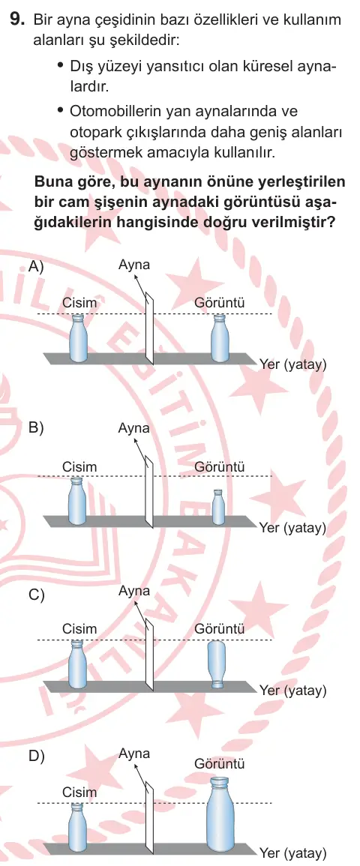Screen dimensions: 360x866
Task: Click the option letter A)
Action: click(36, 266)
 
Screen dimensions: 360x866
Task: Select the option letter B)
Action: click(36, 429)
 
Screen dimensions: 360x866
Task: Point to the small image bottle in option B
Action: click(219, 506)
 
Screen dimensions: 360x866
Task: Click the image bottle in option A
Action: click(219, 338)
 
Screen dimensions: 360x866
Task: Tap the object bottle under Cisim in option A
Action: click(78, 338)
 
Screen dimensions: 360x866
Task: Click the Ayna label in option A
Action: click(133, 265)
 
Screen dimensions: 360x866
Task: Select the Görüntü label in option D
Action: click(219, 764)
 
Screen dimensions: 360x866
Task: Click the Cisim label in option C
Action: click(79, 629)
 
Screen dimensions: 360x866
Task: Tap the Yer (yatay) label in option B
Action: click(292, 528)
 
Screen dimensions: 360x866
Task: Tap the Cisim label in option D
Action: click(79, 792)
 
